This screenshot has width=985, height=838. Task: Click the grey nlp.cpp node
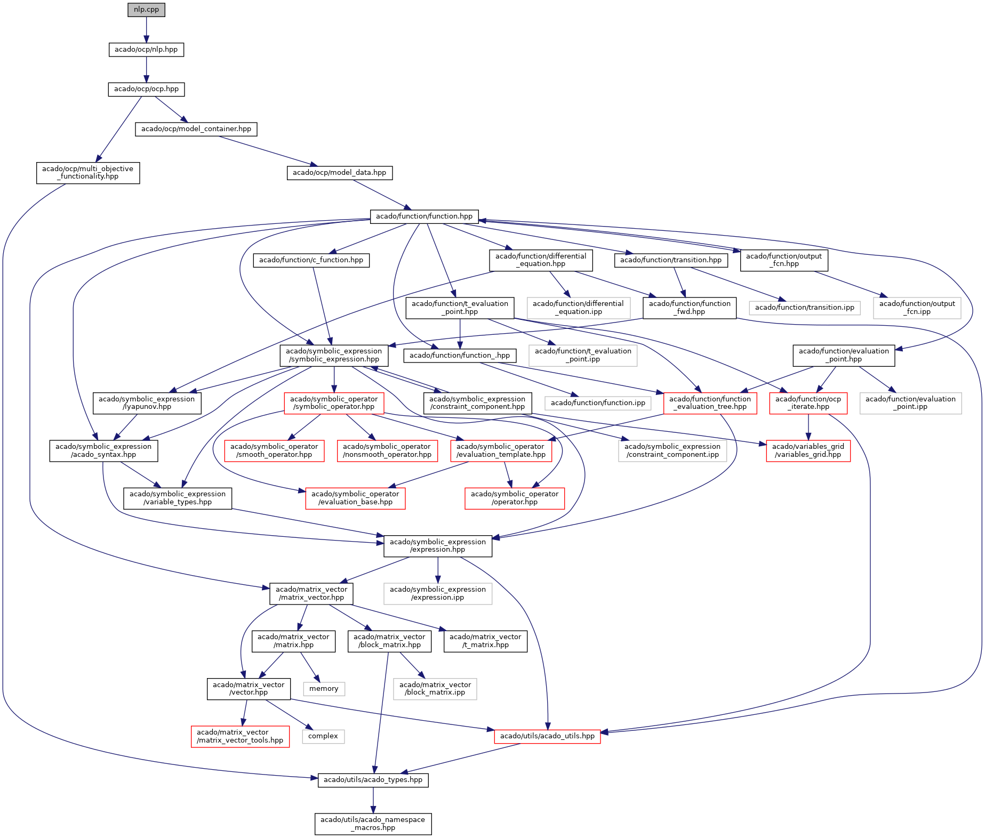tap(146, 10)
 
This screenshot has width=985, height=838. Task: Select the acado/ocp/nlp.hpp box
tap(146, 50)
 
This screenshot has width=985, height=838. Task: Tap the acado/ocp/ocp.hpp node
tap(146, 89)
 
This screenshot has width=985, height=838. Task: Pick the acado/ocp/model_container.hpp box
tap(196, 129)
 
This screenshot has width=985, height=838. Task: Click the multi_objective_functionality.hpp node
tap(88, 173)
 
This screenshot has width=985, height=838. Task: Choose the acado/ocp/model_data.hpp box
tap(339, 173)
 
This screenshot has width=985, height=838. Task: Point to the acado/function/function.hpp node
tap(424, 216)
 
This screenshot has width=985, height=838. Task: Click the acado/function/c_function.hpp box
tap(311, 260)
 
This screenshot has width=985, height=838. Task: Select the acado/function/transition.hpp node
tap(670, 260)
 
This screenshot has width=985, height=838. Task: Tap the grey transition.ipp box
tap(804, 308)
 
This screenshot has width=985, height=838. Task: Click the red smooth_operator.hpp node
tap(274, 450)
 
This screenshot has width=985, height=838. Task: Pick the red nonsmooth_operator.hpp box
tap(387, 450)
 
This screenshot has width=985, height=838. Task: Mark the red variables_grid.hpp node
tap(808, 450)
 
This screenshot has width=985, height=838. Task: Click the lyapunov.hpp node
tap(147, 403)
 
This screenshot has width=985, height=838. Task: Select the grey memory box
tap(324, 689)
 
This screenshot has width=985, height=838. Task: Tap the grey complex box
tap(323, 736)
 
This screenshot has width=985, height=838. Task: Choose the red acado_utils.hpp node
tap(547, 736)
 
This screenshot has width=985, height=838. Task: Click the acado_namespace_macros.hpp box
tap(373, 824)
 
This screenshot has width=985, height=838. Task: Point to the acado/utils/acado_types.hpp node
tap(373, 780)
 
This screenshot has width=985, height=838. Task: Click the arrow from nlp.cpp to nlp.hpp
tap(146, 29)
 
